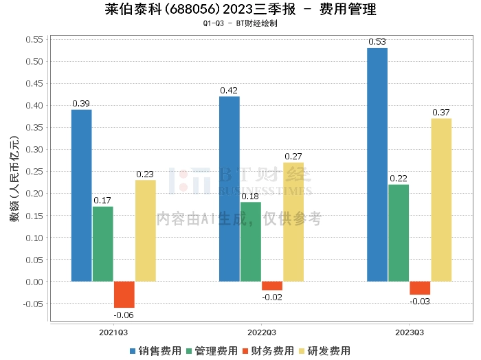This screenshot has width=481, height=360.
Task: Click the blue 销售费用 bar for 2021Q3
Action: coord(81,196)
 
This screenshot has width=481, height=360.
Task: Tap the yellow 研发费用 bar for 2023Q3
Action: coord(441,200)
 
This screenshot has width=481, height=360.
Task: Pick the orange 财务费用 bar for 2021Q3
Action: coord(124,295)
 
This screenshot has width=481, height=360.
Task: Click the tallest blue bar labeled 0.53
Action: coord(377,165)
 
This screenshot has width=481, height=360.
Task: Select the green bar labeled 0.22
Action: coord(399,233)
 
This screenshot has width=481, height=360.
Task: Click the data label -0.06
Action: coord(124,315)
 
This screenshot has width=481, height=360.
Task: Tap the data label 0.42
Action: coord(229,90)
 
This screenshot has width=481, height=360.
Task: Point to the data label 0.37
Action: coord(441,112)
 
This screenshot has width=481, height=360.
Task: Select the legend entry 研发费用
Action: coord(322,350)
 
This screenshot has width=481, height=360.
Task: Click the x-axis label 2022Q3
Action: coord(261,332)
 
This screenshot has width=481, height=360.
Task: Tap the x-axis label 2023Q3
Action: coord(409,332)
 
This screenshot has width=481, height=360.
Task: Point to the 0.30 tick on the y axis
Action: coord(34,149)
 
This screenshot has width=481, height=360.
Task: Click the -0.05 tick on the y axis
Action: coord(32,304)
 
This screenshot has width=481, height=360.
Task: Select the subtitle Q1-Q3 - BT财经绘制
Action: coord(240,23)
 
